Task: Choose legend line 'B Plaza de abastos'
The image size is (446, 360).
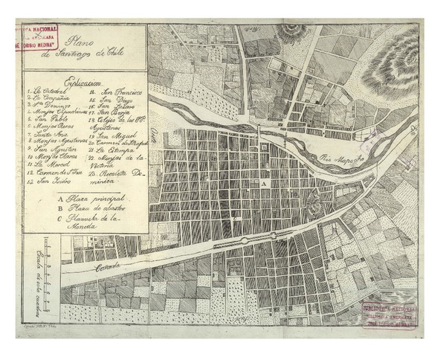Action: coord(94,211)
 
